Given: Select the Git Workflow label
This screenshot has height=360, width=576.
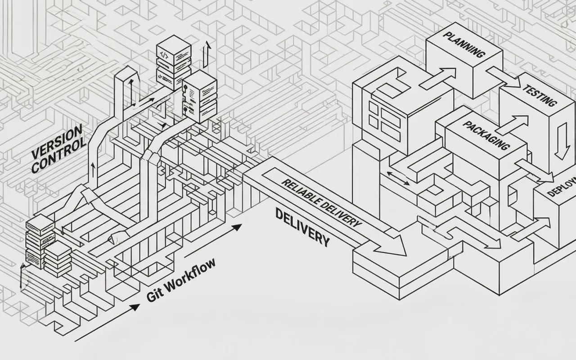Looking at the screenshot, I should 181,280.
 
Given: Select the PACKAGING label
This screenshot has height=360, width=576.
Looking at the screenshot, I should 486,135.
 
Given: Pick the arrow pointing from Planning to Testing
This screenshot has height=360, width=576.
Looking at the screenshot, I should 504,76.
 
